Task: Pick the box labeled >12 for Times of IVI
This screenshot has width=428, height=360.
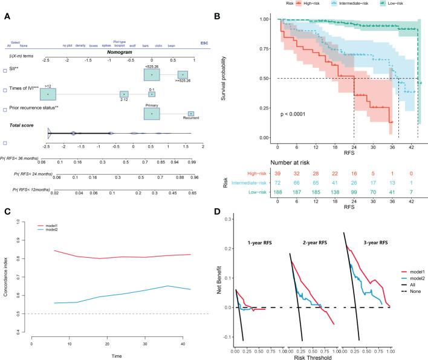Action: [48, 94]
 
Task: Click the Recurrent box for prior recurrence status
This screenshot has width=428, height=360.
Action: [190, 113]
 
